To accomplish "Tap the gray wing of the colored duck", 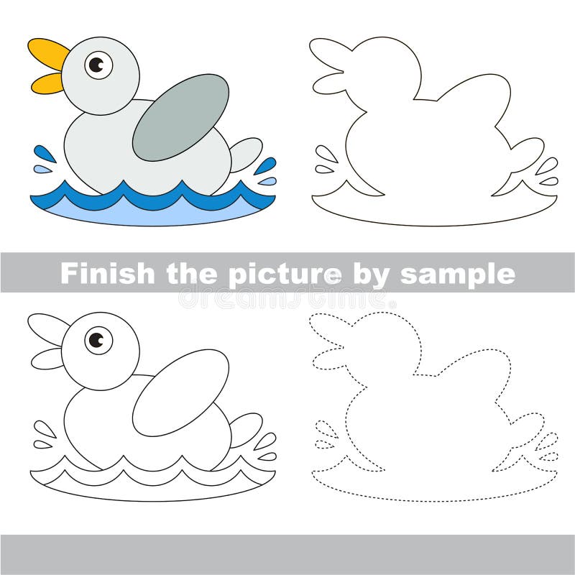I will (x=181, y=117).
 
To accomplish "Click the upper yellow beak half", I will (x=47, y=52).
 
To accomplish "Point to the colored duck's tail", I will (x=247, y=154).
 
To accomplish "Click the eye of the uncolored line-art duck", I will (x=99, y=339).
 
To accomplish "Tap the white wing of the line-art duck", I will (x=181, y=392).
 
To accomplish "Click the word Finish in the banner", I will (x=107, y=273).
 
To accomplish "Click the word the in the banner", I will (x=190, y=273).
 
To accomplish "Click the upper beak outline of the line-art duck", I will (x=47, y=327).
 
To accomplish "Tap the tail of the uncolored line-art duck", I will (x=247, y=428).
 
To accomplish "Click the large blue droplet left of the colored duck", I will (x=45, y=154).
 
